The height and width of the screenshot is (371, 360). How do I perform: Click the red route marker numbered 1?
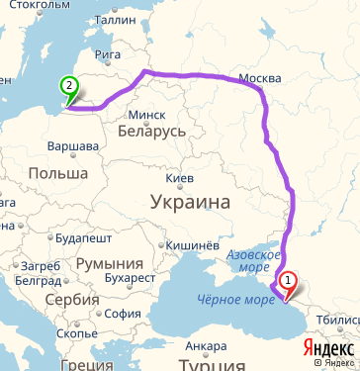[x=288, y=281]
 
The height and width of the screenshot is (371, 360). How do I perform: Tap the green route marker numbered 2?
[x=68, y=87]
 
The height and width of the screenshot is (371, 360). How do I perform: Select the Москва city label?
[x=261, y=78]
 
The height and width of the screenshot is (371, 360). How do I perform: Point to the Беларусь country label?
[x=150, y=131]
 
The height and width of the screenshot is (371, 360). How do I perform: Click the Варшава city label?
[x=72, y=146]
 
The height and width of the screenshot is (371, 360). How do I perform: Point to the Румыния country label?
[x=109, y=264]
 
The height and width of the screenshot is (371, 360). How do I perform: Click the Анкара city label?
[x=206, y=346]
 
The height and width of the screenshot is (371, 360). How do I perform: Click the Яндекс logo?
[x=327, y=349]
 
